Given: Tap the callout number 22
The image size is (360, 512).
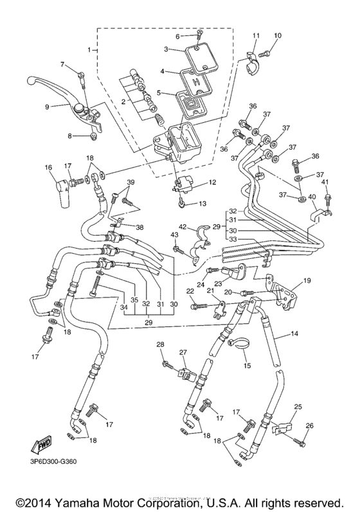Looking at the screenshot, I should coord(190,292).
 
